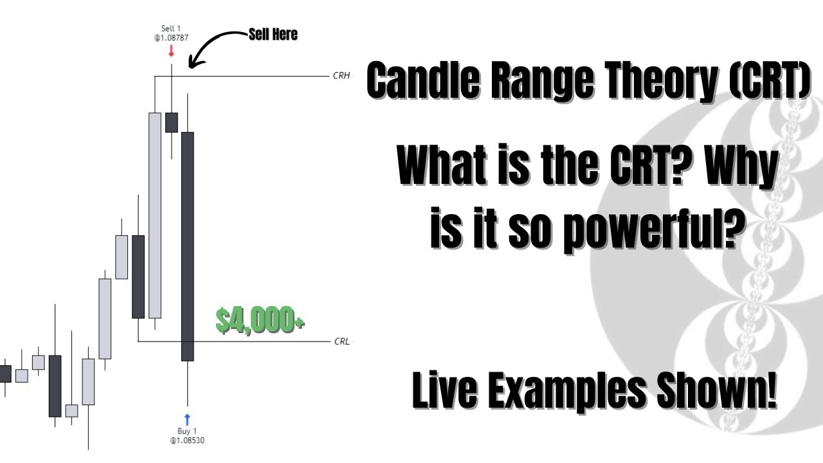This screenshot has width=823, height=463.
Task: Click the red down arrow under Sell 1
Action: [x=171, y=50]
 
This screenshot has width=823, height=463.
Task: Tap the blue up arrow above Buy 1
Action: [x=187, y=419]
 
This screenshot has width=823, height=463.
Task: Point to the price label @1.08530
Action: [x=187, y=440]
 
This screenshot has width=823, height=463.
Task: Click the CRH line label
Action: [x=341, y=75]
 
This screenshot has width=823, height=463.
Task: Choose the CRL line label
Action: [x=341, y=341]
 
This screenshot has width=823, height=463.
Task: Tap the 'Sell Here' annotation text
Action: [x=273, y=35]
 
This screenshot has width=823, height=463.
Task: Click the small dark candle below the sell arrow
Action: [x=171, y=122]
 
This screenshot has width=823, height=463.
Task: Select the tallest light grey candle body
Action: [x=154, y=215]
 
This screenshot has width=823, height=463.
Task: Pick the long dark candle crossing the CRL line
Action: [x=187, y=246]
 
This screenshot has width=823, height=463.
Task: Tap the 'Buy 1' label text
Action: [x=187, y=430]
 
